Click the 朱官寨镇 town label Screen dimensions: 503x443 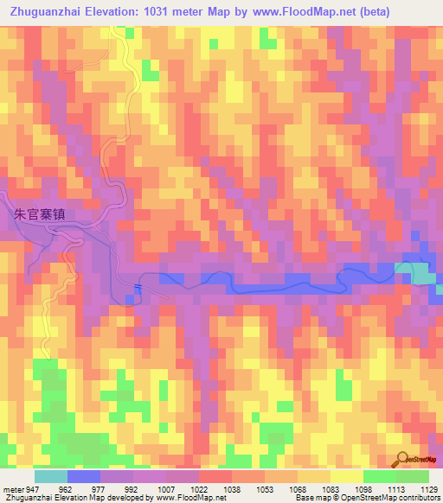[x=53, y=215]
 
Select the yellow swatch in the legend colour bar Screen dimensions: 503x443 [x=346, y=476]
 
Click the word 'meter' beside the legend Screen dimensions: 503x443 [x=11, y=488]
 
